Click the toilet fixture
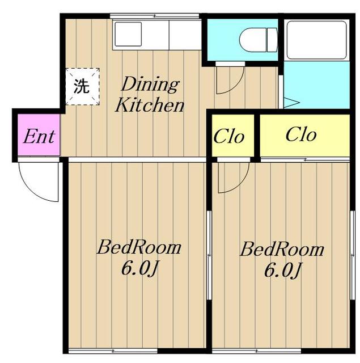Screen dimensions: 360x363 tap(258, 40)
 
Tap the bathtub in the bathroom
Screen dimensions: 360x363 tap(316, 40)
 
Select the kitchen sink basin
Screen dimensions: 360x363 tap(128, 34)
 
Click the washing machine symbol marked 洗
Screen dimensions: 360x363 tap(82, 87)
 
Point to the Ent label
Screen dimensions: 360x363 tap(39, 136)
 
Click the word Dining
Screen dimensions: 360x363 tap(150, 85)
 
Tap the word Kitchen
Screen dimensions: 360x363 tap(150, 105)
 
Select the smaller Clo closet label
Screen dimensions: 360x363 tap(229, 136)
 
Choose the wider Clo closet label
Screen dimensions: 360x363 tap(301, 134)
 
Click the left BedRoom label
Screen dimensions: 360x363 tap(139, 247)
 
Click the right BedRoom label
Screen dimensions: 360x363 tap(282, 250)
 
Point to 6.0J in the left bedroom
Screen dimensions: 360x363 tap(139, 269)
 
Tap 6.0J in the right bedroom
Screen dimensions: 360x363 tap(282, 271)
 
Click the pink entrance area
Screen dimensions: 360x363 tap(39, 135)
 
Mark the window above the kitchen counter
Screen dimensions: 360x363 tap(154, 16)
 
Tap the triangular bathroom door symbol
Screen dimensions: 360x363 tap(291, 103)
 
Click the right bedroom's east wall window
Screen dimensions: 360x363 tap(353, 255)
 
